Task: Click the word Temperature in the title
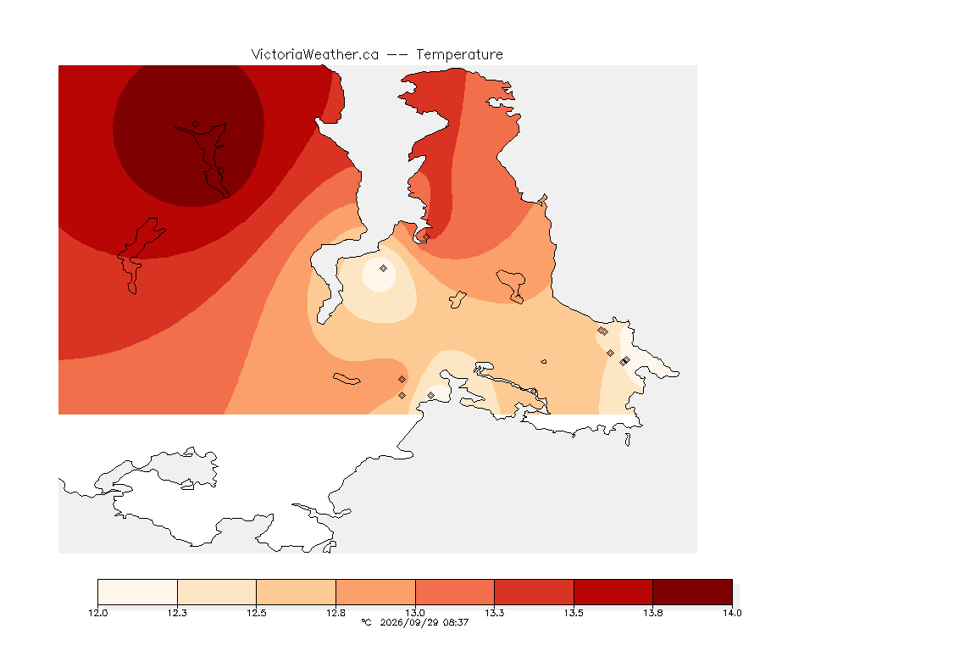(459, 55)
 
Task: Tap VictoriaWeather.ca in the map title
(315, 55)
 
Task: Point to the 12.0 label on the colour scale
(97, 613)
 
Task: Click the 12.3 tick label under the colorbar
(177, 613)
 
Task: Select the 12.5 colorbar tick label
(257, 613)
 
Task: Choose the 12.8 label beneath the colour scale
(336, 613)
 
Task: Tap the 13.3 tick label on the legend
(494, 613)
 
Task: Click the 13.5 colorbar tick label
(574, 613)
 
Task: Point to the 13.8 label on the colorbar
(653, 613)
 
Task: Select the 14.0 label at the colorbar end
(732, 613)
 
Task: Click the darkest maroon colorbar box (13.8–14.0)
(693, 592)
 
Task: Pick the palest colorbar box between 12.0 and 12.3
(137, 592)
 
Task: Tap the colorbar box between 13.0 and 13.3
(455, 592)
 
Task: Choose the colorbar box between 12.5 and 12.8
(297, 592)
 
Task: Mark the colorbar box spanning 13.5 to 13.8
(613, 592)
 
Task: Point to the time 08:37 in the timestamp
(456, 622)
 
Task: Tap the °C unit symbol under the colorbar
(366, 622)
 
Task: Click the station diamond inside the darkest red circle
(196, 125)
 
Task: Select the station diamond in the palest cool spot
(384, 269)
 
